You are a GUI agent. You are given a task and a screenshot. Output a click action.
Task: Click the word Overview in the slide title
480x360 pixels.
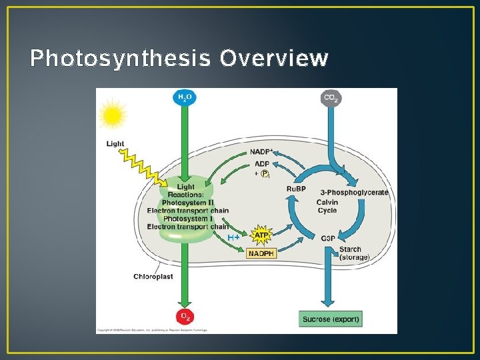274,59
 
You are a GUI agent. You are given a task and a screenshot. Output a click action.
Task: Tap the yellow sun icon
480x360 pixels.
113,115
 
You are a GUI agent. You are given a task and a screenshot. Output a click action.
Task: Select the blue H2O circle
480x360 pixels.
184,97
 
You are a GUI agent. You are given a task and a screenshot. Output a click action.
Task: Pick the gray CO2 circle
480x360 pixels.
331,97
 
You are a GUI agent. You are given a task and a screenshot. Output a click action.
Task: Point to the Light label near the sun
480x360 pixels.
115,144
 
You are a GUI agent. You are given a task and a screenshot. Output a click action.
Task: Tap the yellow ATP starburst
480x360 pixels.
261,237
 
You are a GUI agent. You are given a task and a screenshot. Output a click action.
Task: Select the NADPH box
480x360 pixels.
261,253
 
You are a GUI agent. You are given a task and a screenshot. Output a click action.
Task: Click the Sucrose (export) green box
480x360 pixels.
331,319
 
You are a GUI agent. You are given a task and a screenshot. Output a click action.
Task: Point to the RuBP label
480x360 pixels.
296,189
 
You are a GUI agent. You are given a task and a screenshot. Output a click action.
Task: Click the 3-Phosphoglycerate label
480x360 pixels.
354,193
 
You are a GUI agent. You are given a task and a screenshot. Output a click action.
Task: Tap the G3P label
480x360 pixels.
328,238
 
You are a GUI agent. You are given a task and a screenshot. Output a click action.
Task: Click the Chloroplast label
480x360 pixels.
153,277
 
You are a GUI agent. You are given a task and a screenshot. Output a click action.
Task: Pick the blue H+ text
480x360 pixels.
233,237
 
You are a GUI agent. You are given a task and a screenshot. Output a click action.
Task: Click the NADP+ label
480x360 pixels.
261,152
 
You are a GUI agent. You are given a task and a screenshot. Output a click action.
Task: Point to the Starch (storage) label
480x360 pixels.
353,253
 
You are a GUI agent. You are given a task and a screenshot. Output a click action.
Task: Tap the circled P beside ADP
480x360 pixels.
265,173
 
